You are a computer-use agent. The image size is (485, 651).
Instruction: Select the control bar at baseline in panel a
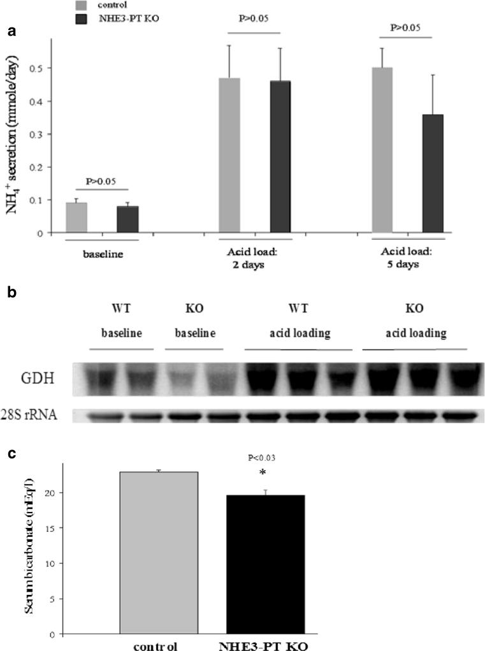coord(76,217)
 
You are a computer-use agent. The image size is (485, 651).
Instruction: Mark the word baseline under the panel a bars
coord(103,252)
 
